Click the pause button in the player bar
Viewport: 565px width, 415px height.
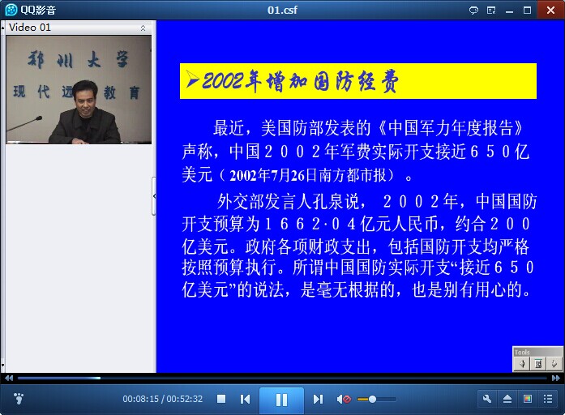[x=281, y=400]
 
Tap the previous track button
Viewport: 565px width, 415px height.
[x=245, y=399]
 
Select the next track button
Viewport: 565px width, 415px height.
[x=318, y=399]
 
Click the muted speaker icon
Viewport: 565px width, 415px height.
[x=344, y=399]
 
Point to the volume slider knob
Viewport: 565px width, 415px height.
[x=373, y=399]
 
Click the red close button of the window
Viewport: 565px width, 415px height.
[x=550, y=10]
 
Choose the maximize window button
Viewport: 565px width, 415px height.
[x=527, y=10]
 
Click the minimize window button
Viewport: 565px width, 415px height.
[x=509, y=11]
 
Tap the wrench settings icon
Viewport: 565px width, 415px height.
[x=487, y=399]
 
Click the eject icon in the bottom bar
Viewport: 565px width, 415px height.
[x=507, y=399]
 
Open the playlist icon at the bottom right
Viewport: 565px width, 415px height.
[x=548, y=399]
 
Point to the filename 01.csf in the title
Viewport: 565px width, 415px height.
[x=282, y=10]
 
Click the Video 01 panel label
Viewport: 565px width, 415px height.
[x=30, y=28]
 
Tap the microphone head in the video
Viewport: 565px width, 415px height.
[x=39, y=118]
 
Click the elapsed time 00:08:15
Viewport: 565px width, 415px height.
[x=140, y=399]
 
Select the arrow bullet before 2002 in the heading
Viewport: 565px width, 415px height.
[x=193, y=80]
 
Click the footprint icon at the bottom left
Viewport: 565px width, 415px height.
[x=19, y=399]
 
